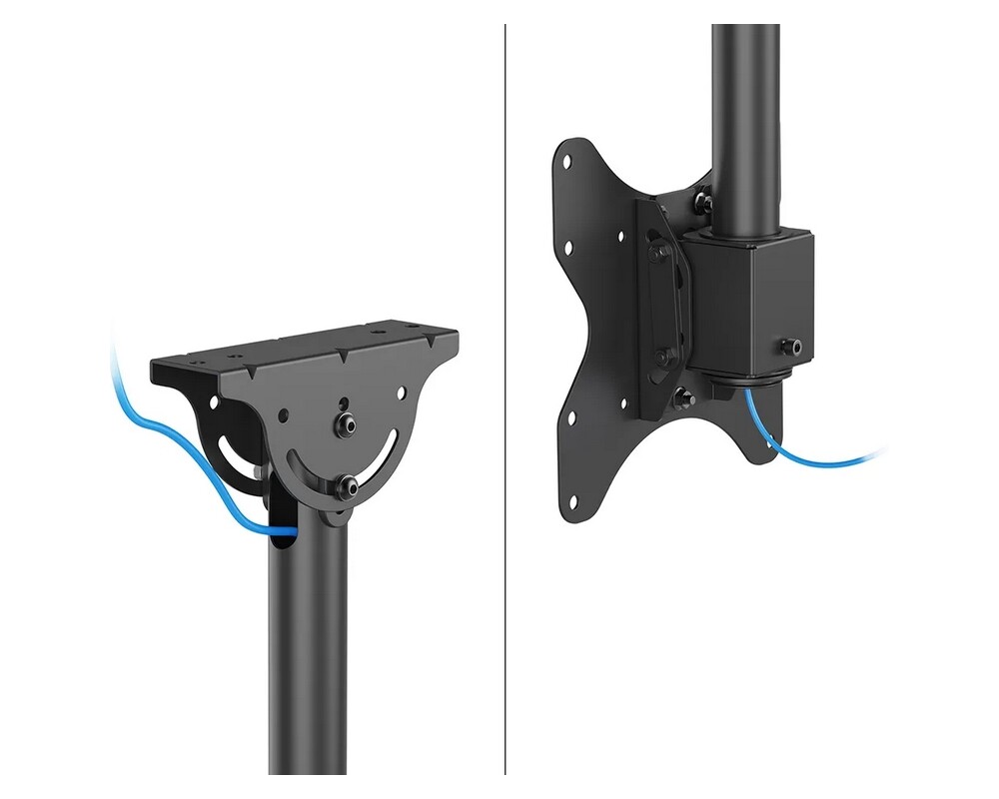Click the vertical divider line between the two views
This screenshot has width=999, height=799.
505,399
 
